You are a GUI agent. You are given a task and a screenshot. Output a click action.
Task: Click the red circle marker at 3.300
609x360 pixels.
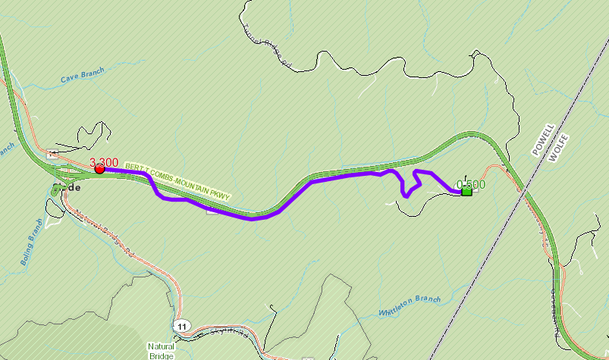(x=99, y=169)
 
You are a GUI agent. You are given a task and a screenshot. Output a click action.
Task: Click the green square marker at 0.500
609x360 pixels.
(x=466, y=191)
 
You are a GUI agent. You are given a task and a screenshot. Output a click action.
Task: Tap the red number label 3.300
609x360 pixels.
(x=104, y=161)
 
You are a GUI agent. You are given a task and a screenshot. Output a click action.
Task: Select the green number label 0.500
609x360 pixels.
(x=471, y=183)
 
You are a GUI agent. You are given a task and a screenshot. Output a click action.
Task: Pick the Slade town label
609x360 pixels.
(x=67, y=187)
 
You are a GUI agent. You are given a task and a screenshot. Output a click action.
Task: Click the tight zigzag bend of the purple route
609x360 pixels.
(x=410, y=184)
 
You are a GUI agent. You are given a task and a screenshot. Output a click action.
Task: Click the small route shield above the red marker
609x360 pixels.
(x=52, y=154)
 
